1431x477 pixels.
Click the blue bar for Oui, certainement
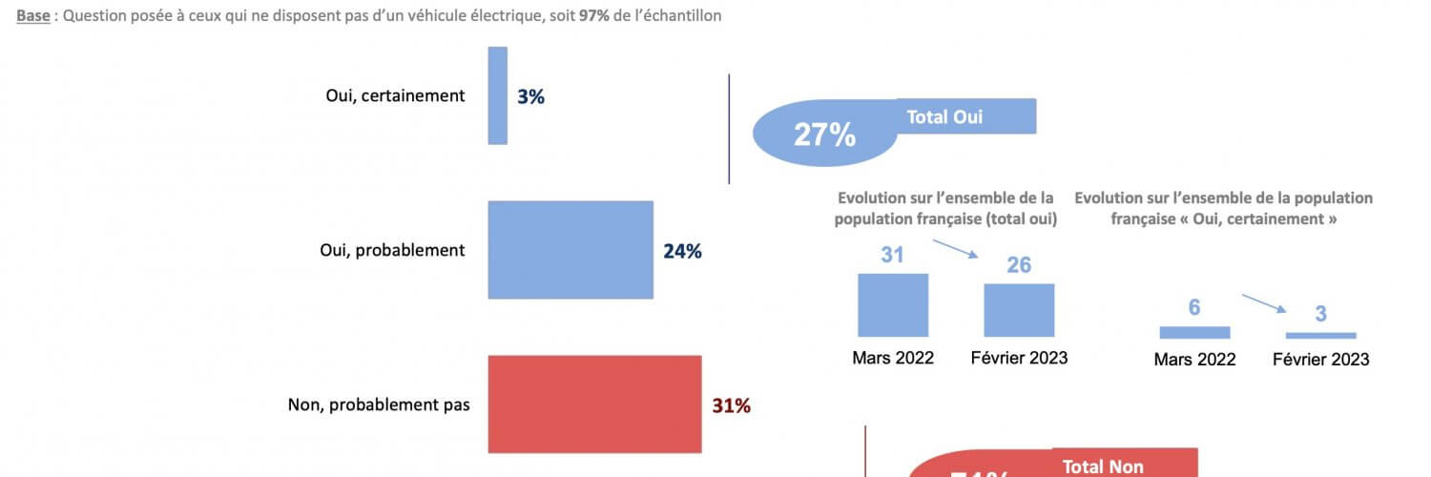point(497,95)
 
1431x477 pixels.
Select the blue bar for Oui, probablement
point(570,250)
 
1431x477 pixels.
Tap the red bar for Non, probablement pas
point(594,404)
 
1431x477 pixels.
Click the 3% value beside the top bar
point(530,96)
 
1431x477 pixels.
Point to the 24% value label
point(682,252)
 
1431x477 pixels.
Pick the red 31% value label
point(732,405)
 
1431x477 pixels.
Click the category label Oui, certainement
point(394,95)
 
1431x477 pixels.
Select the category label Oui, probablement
point(392,250)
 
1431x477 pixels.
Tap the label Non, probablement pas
point(379,404)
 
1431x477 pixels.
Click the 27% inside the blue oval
point(824,135)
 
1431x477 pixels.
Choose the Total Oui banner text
point(944,116)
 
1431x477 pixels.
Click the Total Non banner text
point(1103,467)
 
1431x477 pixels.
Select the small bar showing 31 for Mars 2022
point(893,305)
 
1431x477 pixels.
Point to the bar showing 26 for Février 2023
point(1019,310)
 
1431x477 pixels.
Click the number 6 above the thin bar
point(1194,307)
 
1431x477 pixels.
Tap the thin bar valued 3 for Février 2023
point(1320,335)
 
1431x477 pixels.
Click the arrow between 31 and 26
point(956,249)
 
